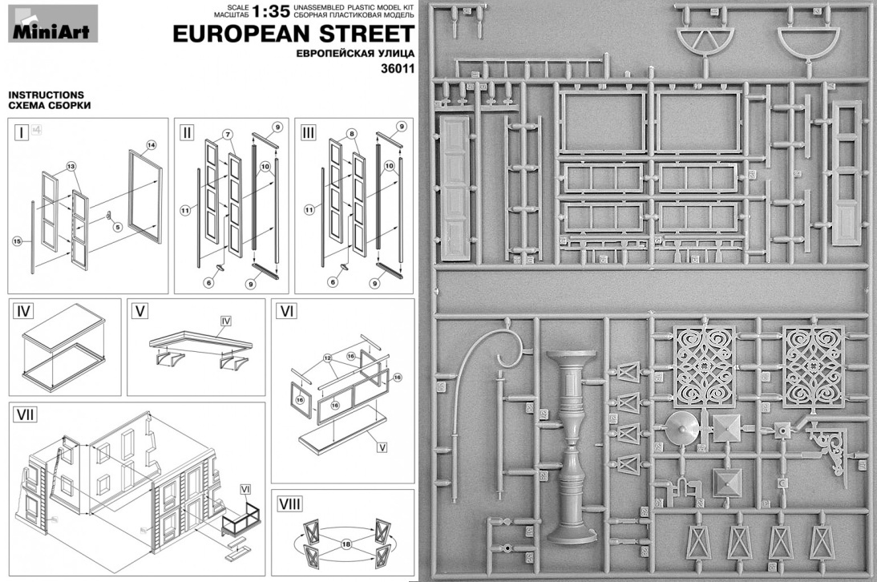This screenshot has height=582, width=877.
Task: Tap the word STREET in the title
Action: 370,34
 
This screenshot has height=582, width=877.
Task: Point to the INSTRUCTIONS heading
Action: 46,95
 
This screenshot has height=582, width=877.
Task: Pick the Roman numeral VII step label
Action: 27,416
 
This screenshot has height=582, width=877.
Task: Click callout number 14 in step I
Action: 150,145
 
